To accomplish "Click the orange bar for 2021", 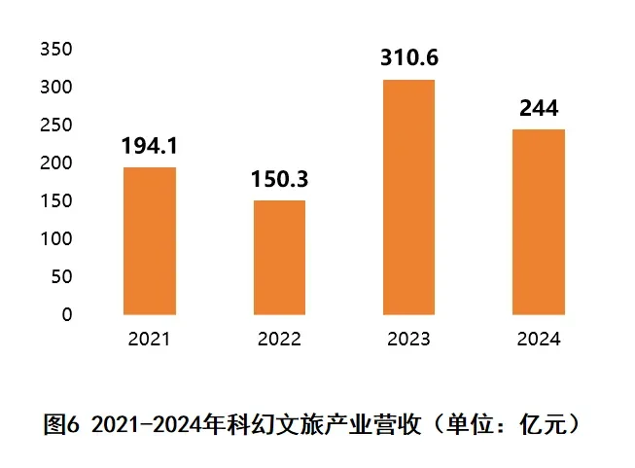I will click(x=150, y=241).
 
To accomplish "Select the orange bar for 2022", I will click(x=279, y=258).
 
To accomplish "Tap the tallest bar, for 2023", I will click(x=409, y=198).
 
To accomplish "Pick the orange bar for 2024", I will click(x=539, y=222).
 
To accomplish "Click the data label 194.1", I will click(x=149, y=147).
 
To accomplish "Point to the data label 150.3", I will click(x=279, y=180).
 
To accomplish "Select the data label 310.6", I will click(x=409, y=58).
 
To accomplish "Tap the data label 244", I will click(x=539, y=109).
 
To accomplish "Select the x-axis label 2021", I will click(x=149, y=340).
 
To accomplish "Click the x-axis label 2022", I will click(x=279, y=340).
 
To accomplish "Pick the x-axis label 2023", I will click(x=409, y=340).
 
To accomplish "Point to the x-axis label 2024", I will click(x=539, y=340).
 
